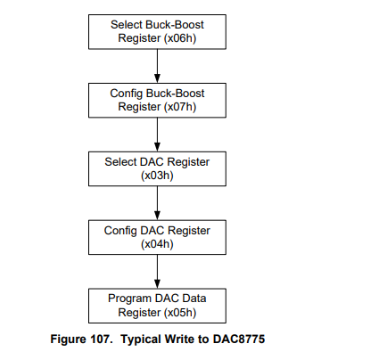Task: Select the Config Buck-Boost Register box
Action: click(x=156, y=99)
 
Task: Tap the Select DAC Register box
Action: click(x=156, y=168)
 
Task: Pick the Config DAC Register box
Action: click(x=156, y=237)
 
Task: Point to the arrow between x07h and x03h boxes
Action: click(x=157, y=134)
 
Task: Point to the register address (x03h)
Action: click(x=157, y=176)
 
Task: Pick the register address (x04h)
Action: click(x=157, y=244)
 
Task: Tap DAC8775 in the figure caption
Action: click(x=237, y=340)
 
